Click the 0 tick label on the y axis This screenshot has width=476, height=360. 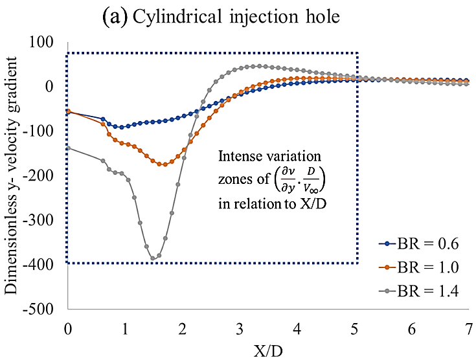tap(55, 86)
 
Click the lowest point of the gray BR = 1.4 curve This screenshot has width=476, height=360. tap(153, 258)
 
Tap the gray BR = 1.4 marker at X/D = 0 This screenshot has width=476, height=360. tap(69, 148)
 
